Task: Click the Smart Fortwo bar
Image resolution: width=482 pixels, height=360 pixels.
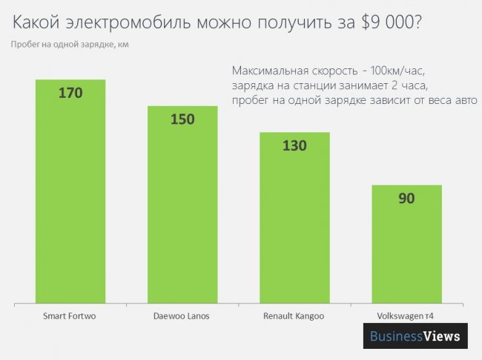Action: coord(70,193)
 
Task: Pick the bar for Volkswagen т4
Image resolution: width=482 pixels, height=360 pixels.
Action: coord(406,245)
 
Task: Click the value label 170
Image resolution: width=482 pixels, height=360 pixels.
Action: coord(70,94)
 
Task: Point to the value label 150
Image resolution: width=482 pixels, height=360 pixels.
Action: coord(182,120)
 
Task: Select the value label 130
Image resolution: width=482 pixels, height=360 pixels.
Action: coord(294,145)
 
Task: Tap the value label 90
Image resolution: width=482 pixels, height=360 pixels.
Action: coord(406,198)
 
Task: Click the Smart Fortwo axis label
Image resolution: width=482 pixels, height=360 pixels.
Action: coord(70,316)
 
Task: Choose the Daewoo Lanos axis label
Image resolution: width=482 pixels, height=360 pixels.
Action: coord(182,316)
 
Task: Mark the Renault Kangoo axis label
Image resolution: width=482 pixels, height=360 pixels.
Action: coord(294,316)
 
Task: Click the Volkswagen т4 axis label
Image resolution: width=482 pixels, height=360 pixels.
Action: coord(406,316)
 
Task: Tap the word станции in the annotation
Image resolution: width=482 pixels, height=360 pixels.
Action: coord(317,85)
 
